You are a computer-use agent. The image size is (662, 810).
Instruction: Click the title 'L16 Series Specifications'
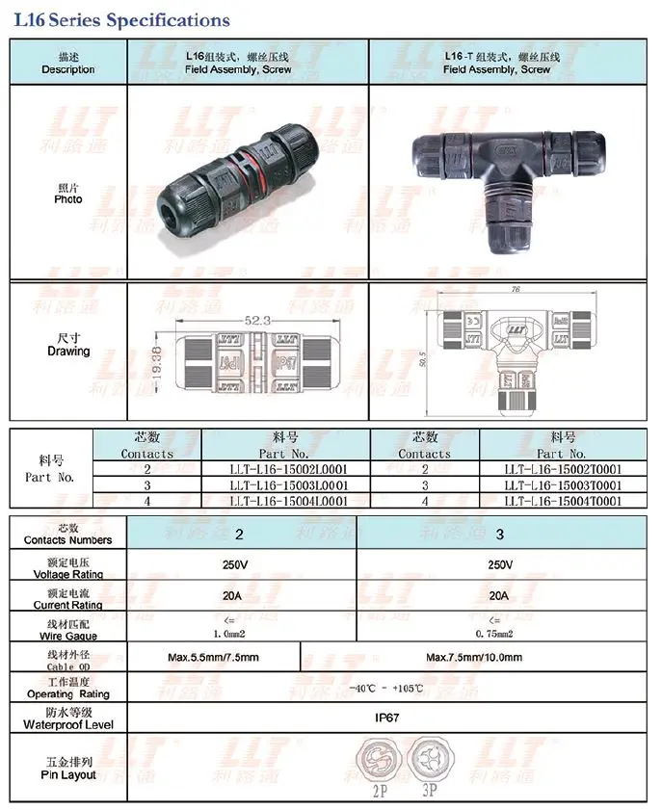point(121,19)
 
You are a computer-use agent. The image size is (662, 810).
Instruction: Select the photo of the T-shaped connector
point(509,180)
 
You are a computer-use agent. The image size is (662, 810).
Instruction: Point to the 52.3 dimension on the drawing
point(255,320)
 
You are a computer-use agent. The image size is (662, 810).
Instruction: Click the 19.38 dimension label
point(157,365)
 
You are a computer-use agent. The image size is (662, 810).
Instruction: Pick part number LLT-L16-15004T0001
point(563,501)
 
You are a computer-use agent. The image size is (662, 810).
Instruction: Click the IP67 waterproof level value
point(387,718)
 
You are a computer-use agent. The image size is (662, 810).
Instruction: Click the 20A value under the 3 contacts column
point(498,595)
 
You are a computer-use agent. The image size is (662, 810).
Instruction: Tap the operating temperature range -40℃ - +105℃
point(387,688)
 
